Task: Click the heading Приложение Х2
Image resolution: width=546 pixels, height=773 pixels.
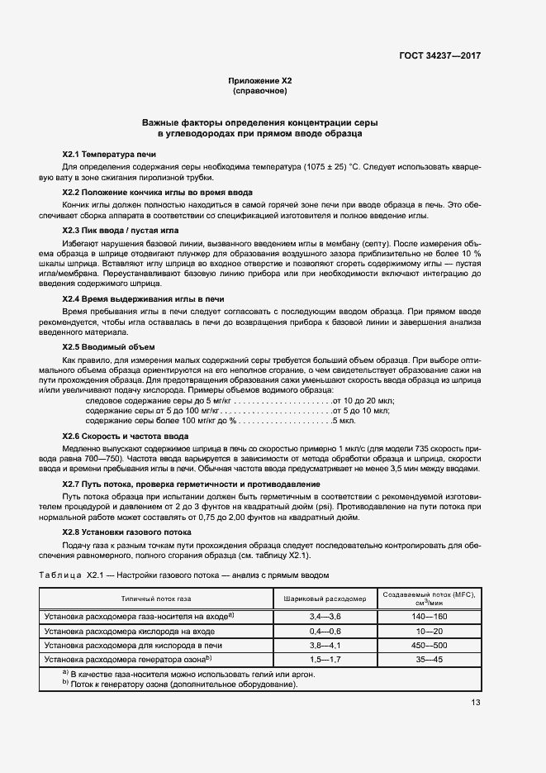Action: click(260, 81)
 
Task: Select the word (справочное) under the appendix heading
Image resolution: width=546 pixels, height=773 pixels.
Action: click(260, 91)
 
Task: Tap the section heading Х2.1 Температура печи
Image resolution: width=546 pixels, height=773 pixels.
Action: click(109, 155)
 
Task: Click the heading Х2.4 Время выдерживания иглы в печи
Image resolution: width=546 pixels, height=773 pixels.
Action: click(144, 298)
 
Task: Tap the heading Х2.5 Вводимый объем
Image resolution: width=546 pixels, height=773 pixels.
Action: click(108, 346)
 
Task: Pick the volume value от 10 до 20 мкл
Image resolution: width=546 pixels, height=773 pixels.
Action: click(363, 400)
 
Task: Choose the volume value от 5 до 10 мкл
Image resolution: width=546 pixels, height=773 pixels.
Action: click(362, 410)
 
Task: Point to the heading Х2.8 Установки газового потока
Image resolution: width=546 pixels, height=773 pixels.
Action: click(133, 532)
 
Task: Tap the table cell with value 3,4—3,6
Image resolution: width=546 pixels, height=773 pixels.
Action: click(325, 616)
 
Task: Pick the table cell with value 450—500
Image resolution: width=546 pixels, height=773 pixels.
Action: click(430, 644)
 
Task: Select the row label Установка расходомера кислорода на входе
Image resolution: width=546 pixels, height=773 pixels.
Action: click(128, 630)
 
